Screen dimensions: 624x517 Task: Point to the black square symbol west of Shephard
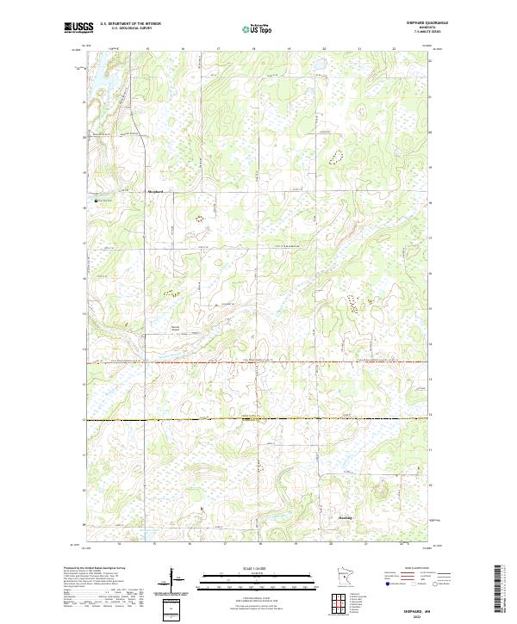tap(96, 201)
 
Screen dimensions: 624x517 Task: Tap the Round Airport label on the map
tap(176, 328)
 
